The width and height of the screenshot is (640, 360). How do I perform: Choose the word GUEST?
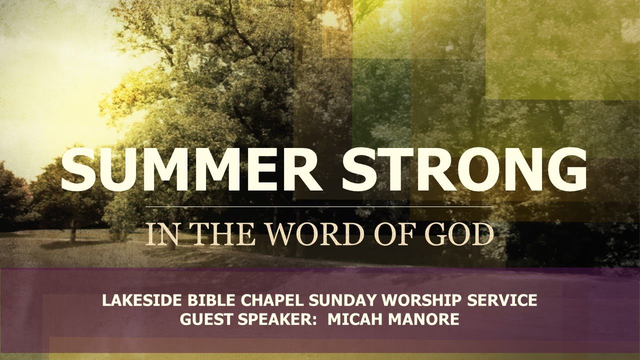point(204,319)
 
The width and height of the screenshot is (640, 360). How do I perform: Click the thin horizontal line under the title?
point(320,206)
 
